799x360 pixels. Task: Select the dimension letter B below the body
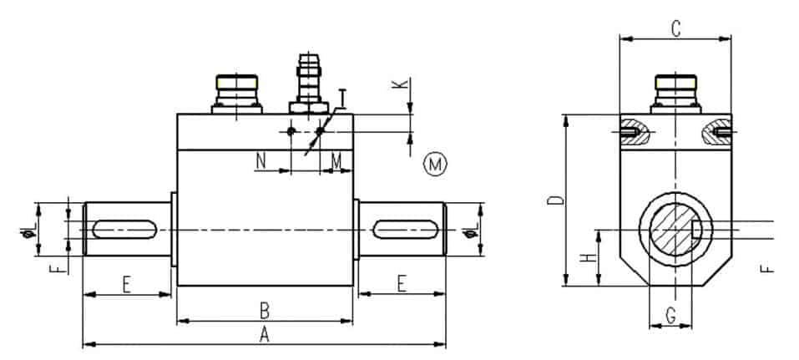264,311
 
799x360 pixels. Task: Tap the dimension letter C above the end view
675,28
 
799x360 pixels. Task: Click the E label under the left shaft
127,284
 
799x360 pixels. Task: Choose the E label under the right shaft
402,284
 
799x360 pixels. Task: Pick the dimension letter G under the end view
670,317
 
